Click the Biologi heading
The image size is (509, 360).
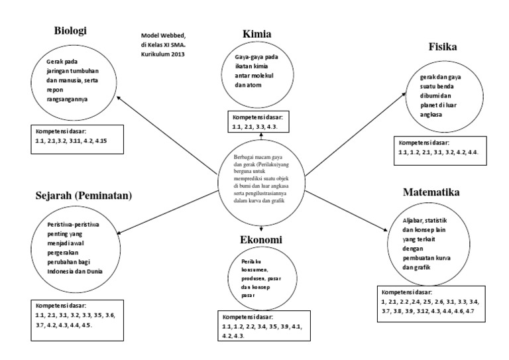pos(71,31)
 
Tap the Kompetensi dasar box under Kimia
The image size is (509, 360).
pos(260,121)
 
